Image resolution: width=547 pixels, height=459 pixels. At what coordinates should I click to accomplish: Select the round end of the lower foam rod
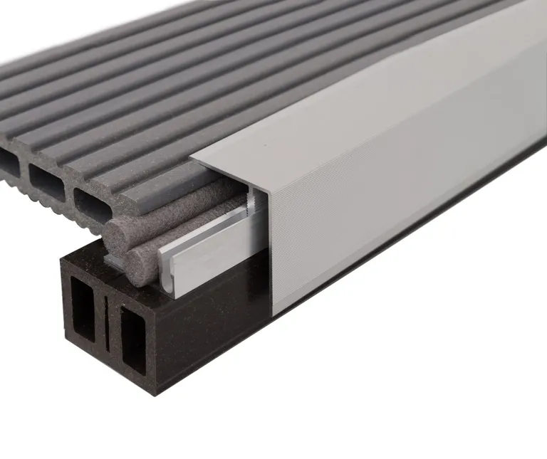click(x=142, y=266)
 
